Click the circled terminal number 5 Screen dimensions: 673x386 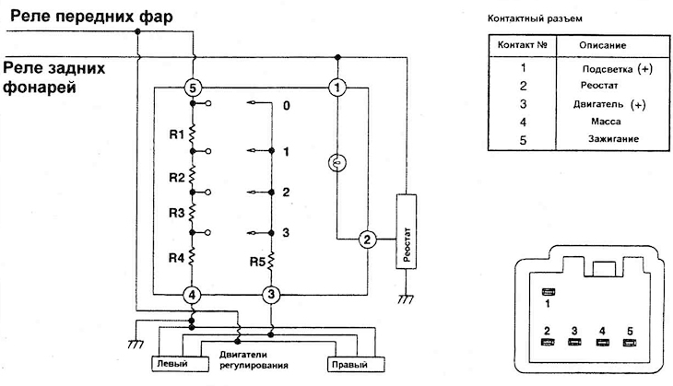coord(193,88)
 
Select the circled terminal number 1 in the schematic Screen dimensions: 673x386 coord(337,88)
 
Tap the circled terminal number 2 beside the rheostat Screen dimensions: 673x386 coord(367,240)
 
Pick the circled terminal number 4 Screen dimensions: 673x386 coord(192,295)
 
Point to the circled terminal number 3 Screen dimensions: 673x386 coord(271,295)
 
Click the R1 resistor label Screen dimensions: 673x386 coord(176,135)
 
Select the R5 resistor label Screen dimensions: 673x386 coord(257,262)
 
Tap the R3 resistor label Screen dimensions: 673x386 coord(176,213)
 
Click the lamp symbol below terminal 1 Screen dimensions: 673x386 coord(337,163)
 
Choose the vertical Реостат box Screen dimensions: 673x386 coord(406,231)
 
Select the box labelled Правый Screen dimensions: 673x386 coord(356,365)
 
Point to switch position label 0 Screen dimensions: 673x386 coord(287,106)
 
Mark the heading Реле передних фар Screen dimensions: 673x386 coord(91,17)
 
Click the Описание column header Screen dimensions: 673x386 coord(603,45)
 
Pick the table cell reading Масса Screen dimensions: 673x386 coord(606,122)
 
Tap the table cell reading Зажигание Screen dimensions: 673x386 coord(613,139)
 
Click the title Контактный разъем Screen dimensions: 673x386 coord(535,18)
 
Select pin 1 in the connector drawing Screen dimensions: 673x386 coord(549,292)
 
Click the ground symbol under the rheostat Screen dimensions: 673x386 coord(406,298)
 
